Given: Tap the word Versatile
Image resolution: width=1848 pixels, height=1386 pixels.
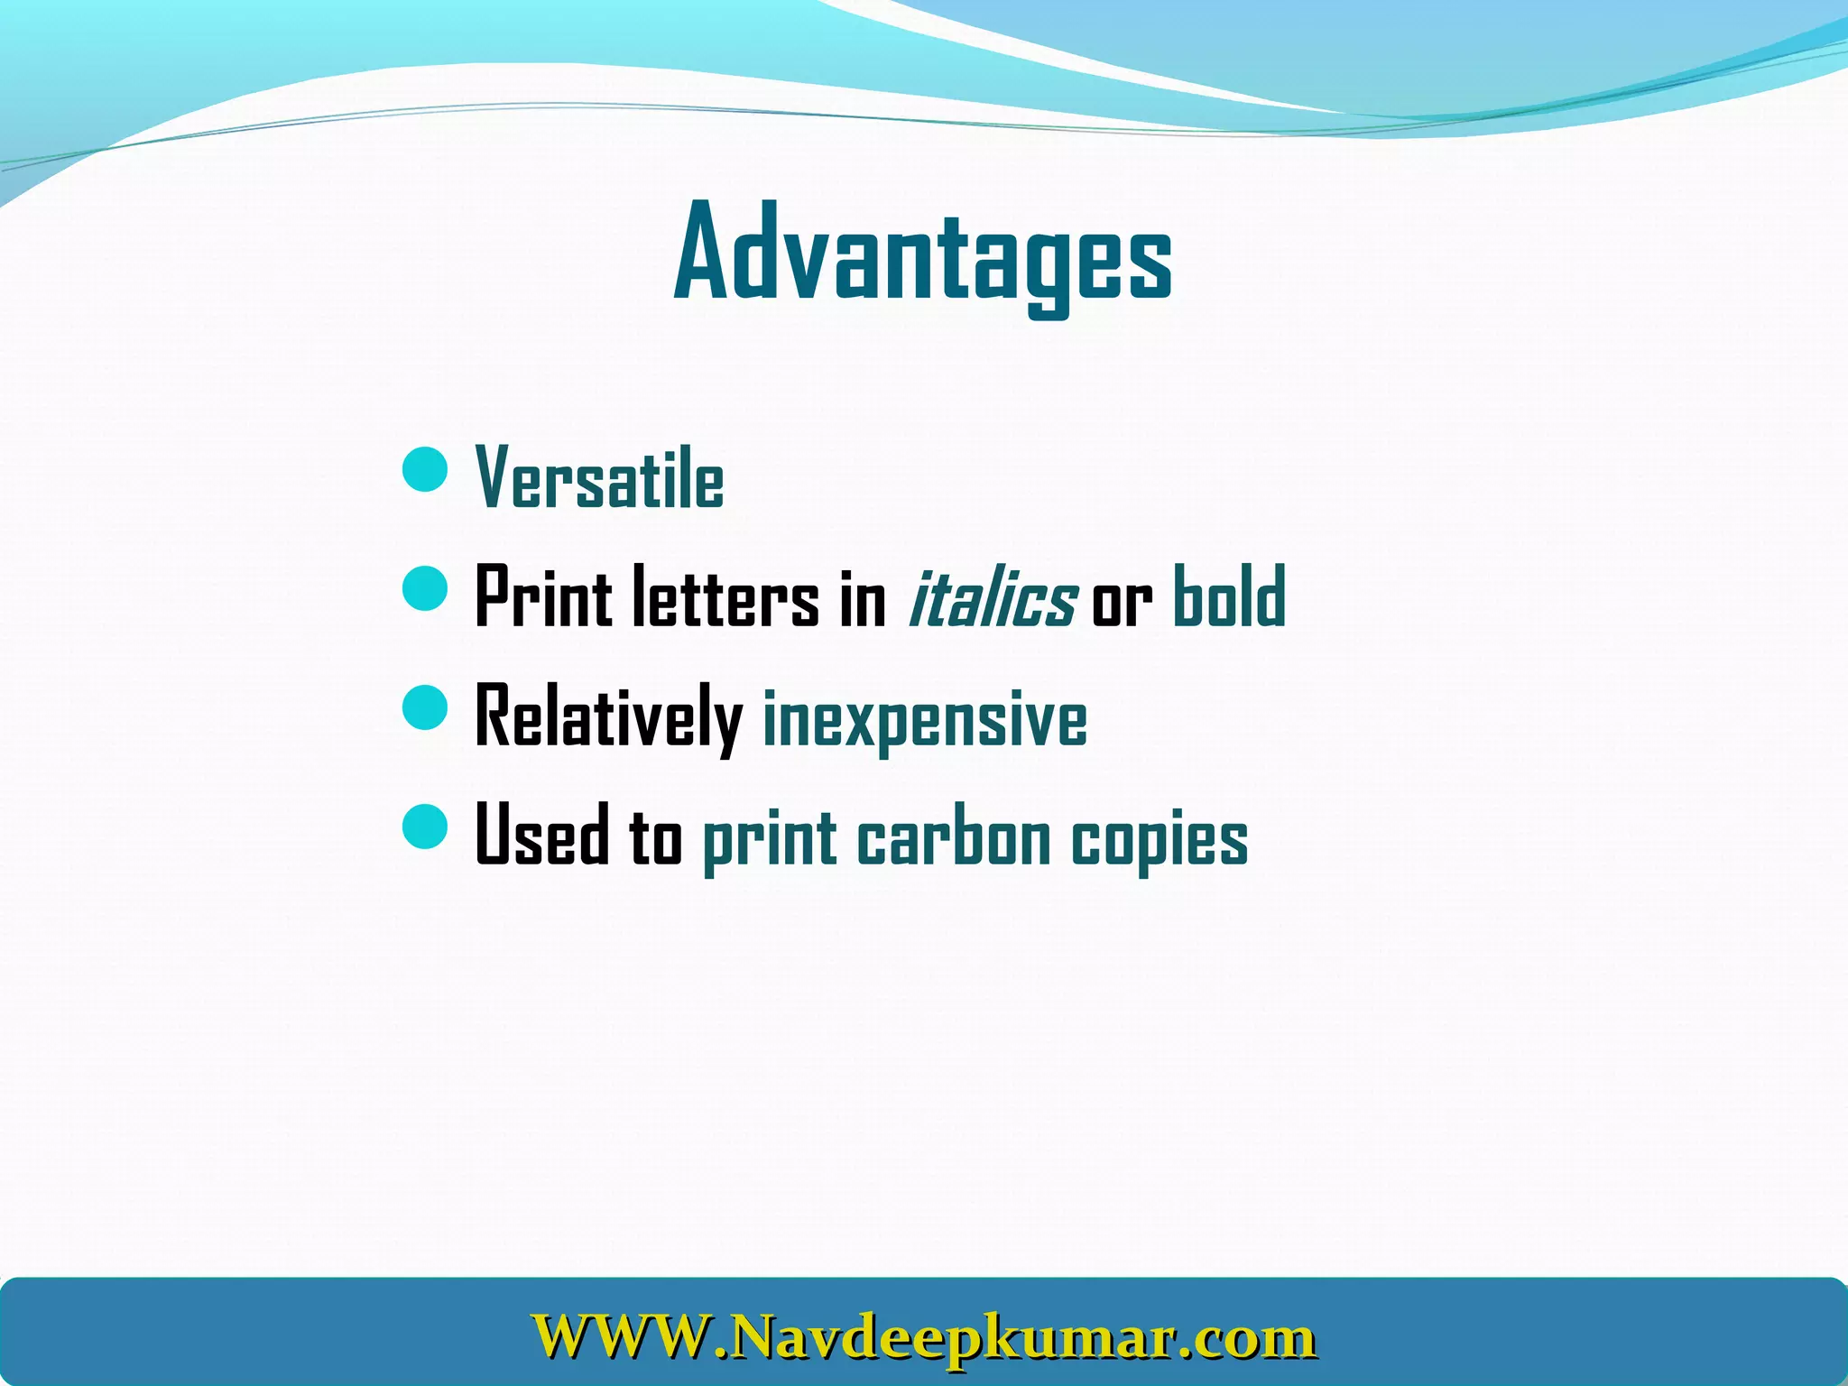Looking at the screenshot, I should pos(600,479).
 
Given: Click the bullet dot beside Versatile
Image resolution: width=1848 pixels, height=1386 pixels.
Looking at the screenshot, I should pos(425,469).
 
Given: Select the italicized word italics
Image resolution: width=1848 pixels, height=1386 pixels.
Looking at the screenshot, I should pos(991,598).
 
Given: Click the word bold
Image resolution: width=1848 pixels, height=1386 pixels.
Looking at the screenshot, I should pos(1229,596).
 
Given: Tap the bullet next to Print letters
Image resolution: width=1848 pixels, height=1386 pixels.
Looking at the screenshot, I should pos(425,588).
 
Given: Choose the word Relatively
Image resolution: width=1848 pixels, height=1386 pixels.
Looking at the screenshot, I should pos(608,717).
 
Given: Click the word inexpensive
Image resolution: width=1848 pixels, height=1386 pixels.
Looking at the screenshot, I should pos(925,720).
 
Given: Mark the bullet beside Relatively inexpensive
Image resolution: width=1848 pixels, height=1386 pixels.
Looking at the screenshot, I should pos(425,707).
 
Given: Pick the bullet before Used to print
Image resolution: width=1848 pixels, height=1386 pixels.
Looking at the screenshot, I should pos(425,827).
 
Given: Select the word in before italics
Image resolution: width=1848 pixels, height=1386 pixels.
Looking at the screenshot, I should pos(864,598).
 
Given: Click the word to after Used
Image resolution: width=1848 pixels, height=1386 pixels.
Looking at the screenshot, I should pos(656,836).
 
